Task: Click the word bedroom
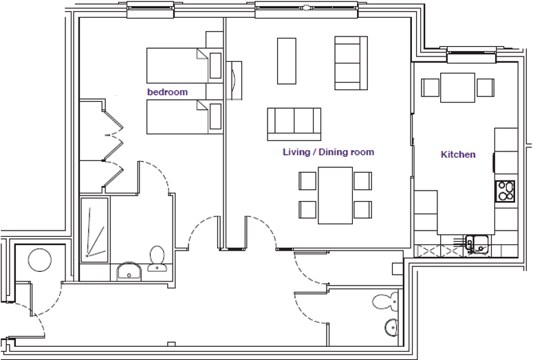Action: coord(167,92)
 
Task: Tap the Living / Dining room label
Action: coord(328,152)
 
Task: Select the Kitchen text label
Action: coord(457,155)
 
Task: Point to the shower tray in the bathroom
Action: coord(94,229)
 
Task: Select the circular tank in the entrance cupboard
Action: coord(39,261)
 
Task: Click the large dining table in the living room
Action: coord(335,195)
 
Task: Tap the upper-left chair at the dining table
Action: coord(307,181)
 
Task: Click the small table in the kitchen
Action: coord(457,88)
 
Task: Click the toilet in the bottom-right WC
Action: coord(384,300)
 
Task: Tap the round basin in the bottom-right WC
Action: coord(389,326)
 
